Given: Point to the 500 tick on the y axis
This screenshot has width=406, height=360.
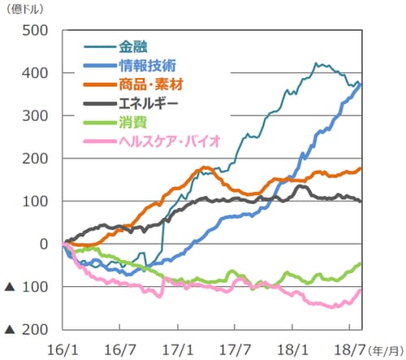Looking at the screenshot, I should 35,31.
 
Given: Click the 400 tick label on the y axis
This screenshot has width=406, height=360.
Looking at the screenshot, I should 35,74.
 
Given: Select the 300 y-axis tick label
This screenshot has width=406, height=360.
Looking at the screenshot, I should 35,116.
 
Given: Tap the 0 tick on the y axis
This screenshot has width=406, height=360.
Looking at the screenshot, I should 44,244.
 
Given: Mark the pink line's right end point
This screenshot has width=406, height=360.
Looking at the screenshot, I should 361,290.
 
